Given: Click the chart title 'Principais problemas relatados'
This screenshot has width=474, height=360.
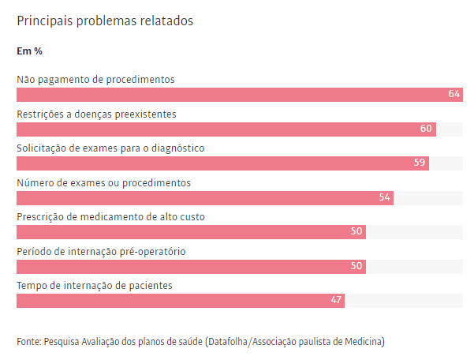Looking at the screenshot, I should click(x=105, y=21).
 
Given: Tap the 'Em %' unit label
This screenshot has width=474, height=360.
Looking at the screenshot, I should click(x=29, y=51).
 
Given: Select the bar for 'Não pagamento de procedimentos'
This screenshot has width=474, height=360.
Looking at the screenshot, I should click(x=237, y=95).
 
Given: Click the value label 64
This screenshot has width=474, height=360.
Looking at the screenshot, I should click(x=453, y=95).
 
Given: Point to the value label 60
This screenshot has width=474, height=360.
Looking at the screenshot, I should click(x=426, y=129).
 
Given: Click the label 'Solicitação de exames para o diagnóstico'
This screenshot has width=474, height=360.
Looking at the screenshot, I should click(x=110, y=148).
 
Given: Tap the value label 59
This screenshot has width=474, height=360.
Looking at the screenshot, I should click(x=420, y=163).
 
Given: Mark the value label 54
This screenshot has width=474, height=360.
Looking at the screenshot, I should click(x=385, y=198).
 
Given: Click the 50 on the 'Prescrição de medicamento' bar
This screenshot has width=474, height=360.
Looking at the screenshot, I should click(x=356, y=232).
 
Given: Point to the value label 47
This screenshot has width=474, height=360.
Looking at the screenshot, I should click(x=336, y=301).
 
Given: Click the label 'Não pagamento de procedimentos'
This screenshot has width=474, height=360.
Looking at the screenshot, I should click(x=95, y=80).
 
